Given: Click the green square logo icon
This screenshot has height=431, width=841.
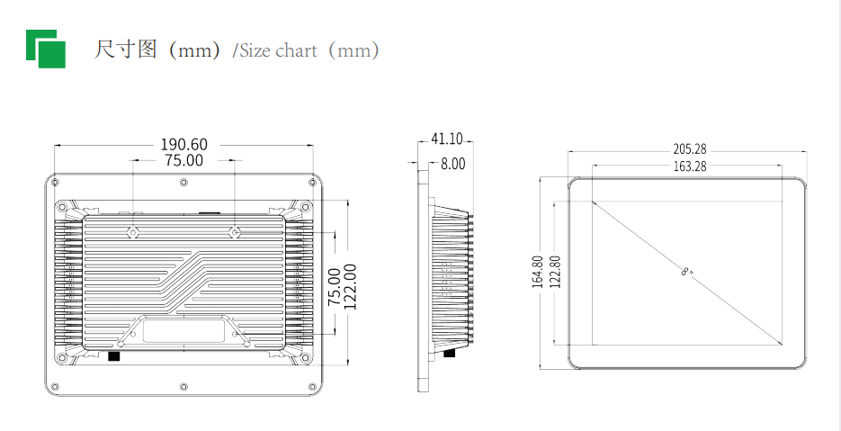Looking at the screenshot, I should point(46,49).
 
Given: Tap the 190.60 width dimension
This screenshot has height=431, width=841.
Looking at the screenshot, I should point(183,144).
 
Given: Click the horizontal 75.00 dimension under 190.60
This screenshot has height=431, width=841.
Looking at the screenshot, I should point(183,161).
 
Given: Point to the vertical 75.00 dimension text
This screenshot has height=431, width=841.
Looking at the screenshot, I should point(333,287).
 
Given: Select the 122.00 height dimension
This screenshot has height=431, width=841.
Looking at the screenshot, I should point(350,286).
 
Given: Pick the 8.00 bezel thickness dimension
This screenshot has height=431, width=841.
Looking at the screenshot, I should point(452,163).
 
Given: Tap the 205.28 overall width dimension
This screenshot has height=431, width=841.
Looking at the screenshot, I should point(689,148).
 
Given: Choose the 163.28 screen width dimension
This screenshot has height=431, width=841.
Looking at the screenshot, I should point(689,166).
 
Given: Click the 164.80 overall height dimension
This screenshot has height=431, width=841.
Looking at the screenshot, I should point(537,272).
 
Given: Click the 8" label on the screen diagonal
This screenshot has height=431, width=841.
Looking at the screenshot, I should point(687,271).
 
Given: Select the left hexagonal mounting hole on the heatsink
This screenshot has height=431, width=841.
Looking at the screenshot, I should point(132,232).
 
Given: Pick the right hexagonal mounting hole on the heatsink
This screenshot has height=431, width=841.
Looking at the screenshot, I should point(235,232).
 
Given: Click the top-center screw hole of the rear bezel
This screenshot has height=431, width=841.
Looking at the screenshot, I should point(183,183).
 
